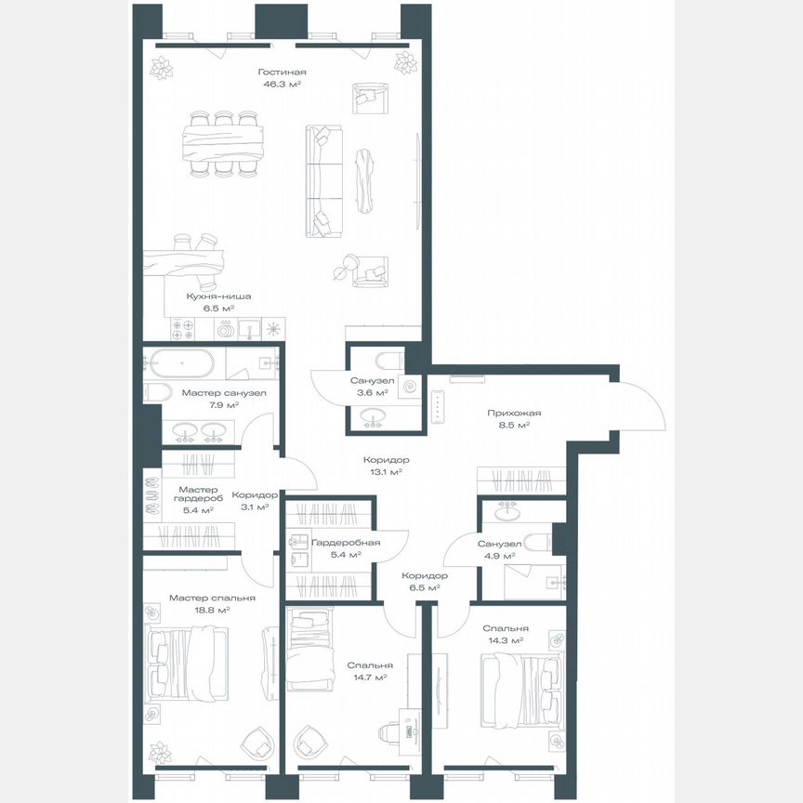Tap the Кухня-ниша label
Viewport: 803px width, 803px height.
tap(218, 296)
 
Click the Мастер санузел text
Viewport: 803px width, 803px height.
tap(224, 393)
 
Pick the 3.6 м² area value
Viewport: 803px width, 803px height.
tap(372, 393)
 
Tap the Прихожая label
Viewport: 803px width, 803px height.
tap(514, 413)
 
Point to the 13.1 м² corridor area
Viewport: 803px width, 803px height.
tap(386, 472)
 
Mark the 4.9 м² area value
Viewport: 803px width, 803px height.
tap(499, 556)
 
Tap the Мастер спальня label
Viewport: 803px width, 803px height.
tap(199, 598)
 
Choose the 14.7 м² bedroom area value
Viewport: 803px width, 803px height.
tap(369, 678)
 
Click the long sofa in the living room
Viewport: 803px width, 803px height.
tap(323, 181)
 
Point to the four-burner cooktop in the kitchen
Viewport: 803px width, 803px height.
tap(181, 328)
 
